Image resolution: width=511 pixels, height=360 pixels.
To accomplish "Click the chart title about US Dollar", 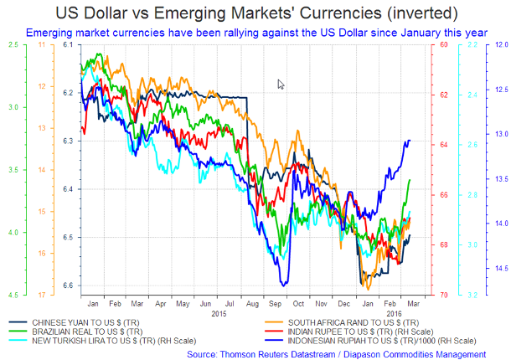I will coord(255,13).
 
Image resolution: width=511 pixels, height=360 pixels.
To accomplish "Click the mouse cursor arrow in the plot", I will coord(281,84).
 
